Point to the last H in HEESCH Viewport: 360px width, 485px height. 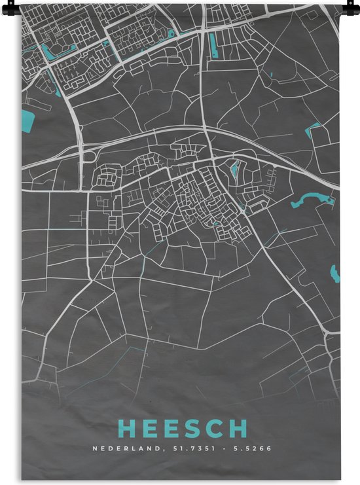tap(240, 429)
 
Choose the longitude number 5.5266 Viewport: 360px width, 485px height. tap(254, 449)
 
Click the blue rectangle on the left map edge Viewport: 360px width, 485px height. tap(27, 120)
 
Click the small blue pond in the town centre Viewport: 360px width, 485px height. tap(234, 172)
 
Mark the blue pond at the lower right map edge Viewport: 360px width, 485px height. tap(336, 274)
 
